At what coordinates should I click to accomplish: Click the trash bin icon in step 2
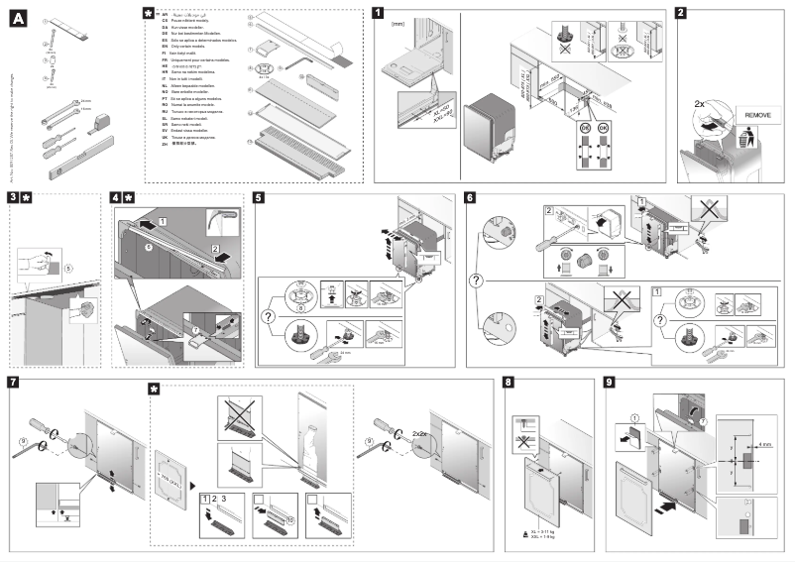coord(749,142)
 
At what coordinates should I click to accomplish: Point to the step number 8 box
coord(510,383)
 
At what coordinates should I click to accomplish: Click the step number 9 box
coord(610,383)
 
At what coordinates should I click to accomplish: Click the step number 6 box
coord(470,198)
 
